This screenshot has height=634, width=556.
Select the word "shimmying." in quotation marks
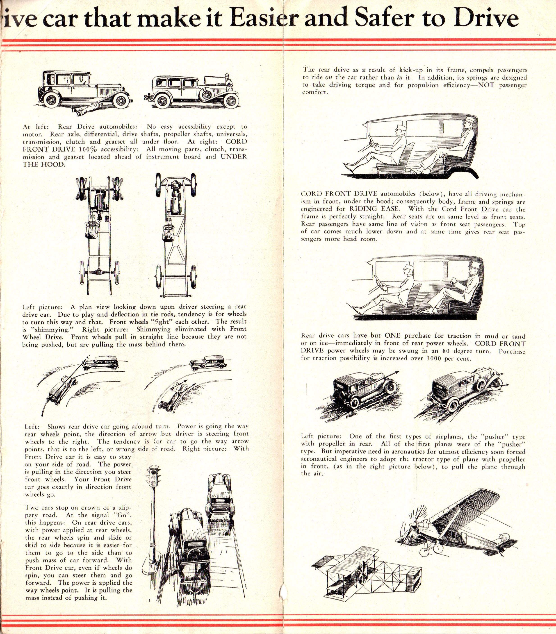click(x=51, y=329)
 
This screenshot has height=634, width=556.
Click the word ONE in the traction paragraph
click(x=393, y=335)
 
